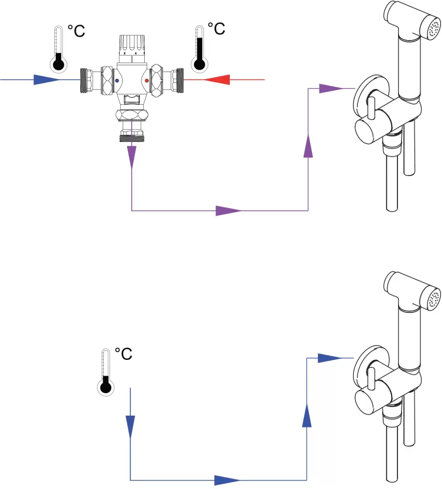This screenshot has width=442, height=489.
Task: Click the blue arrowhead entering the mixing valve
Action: (46, 80)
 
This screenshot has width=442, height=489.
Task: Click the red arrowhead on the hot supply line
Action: (217, 80)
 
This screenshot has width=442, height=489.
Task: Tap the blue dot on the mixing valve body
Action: (117, 81)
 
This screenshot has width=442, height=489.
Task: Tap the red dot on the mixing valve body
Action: (147, 81)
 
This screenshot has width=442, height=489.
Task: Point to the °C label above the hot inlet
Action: (216, 29)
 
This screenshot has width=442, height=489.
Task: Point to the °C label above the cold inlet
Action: (76, 31)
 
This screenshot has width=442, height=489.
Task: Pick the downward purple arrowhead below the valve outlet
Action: (132, 157)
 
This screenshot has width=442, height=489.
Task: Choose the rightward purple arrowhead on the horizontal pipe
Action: (228, 211)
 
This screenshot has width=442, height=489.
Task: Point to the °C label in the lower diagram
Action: (124, 354)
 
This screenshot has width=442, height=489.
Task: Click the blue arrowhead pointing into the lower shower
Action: (330, 358)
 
